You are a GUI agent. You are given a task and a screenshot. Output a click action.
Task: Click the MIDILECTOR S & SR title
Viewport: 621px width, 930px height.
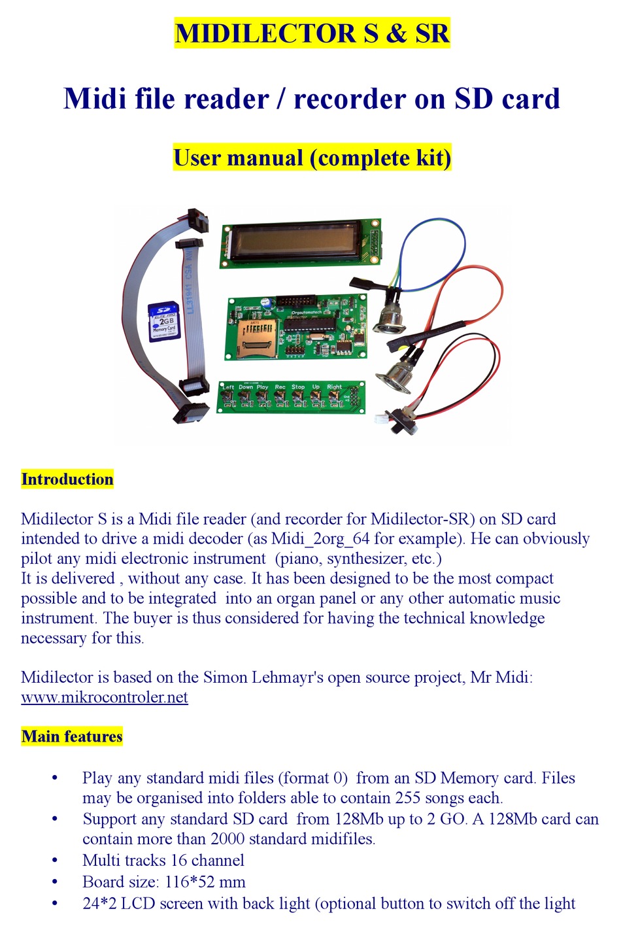coord(312,33)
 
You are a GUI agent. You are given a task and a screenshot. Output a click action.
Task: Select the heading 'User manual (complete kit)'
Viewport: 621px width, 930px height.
coord(312,158)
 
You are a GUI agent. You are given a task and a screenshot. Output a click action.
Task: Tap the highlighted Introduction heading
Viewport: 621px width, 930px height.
coord(67,479)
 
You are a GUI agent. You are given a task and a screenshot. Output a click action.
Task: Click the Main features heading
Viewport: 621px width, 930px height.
coord(71,736)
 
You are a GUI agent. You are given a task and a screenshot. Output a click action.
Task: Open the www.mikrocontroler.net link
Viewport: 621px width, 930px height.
coord(104,697)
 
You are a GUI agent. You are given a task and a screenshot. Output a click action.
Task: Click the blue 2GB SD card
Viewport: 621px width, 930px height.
coord(163,320)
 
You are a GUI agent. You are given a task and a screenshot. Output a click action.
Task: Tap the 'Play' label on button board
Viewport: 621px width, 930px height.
coord(262,387)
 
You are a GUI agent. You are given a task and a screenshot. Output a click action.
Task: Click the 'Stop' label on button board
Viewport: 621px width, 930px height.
coord(298,387)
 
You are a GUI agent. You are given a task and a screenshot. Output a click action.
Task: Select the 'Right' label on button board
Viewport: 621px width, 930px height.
coord(334,387)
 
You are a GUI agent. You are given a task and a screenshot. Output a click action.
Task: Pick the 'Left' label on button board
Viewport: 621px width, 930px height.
coord(227,387)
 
